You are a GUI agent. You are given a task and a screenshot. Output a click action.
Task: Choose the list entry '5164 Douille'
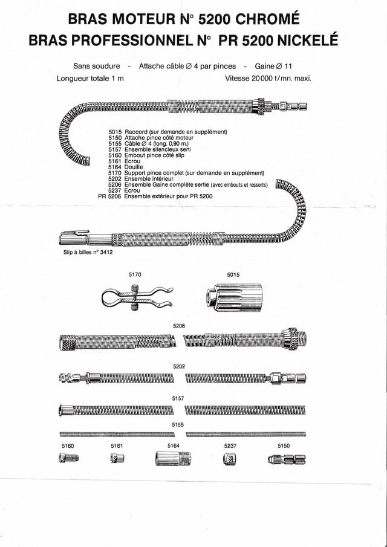tap(129, 167)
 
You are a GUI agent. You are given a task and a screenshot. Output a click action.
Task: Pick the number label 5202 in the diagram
tap(178, 366)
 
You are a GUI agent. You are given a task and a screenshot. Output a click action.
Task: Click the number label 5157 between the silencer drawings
tap(178, 398)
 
